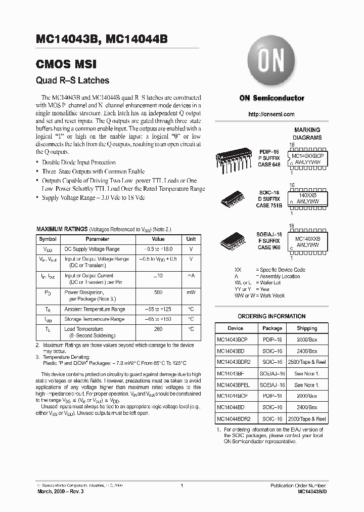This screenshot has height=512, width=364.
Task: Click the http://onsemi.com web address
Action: point(271,114)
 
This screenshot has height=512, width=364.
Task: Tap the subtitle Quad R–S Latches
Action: point(72,80)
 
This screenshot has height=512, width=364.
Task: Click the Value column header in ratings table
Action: point(158,239)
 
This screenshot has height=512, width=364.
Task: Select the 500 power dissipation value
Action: point(158,292)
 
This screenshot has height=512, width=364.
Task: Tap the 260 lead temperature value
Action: point(158,329)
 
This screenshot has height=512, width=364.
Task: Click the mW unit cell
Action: point(191,292)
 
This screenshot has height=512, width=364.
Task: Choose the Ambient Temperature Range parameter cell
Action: point(95,309)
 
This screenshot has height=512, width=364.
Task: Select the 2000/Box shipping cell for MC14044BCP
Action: point(307,396)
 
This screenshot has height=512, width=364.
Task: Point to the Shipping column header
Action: point(307,328)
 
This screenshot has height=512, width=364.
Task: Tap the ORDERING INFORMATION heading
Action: point(271,316)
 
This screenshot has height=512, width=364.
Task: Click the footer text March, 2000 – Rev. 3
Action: point(58,491)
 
